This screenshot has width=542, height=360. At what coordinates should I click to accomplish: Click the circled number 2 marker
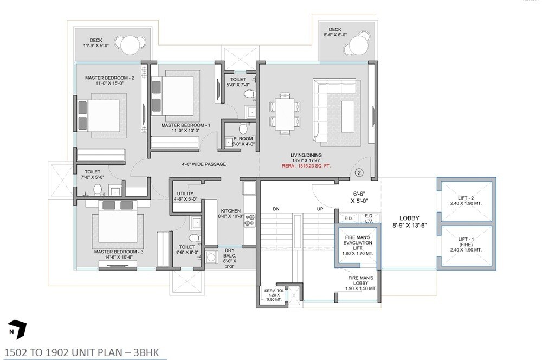[x=359, y=173]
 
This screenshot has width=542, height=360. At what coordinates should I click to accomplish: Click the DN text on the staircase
[x=276, y=208]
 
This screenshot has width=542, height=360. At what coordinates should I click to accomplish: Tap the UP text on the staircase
[x=320, y=208]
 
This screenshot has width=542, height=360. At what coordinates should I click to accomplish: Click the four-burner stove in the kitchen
[x=250, y=220]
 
